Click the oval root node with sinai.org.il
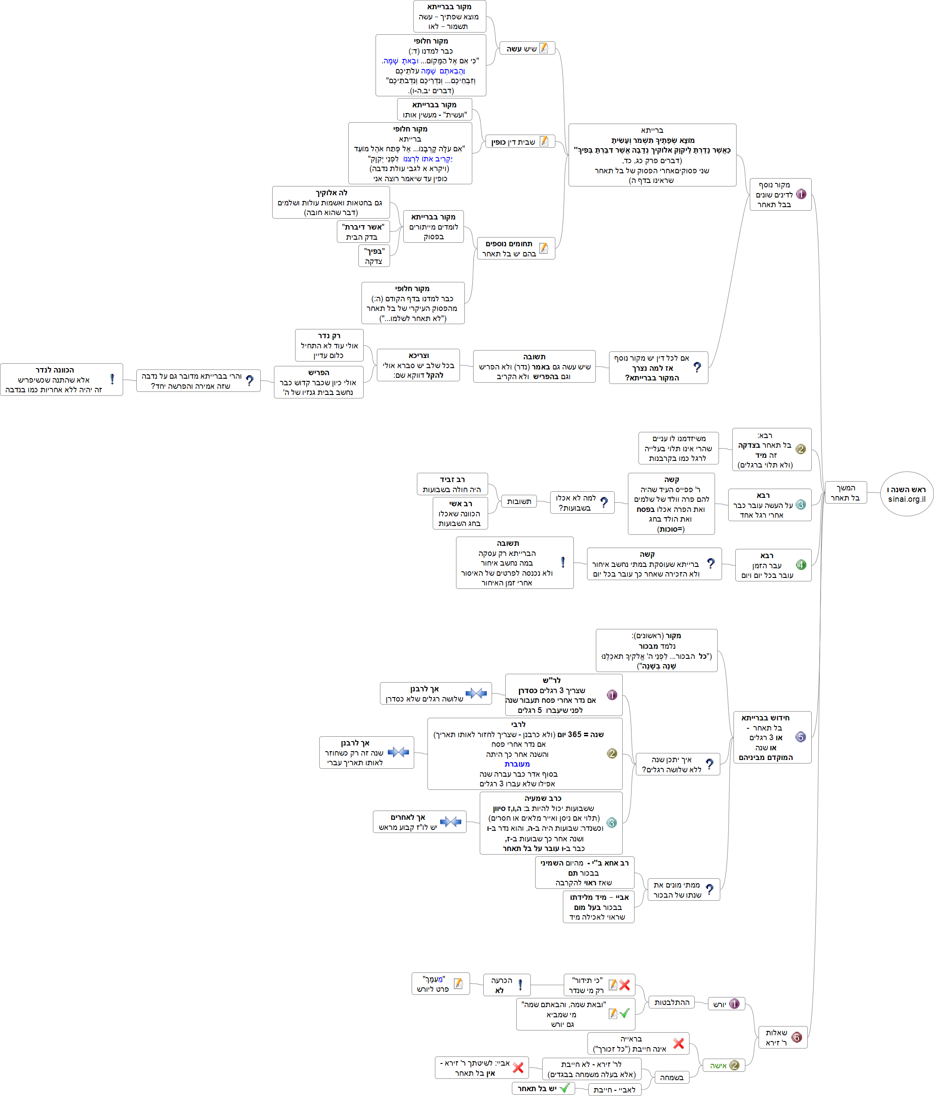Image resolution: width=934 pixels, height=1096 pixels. [x=906, y=494]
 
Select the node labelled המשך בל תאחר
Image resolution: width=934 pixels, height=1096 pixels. [x=845, y=493]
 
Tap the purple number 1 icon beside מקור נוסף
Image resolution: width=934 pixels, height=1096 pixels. [x=801, y=194]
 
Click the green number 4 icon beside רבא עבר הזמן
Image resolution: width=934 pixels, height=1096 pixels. [x=801, y=564]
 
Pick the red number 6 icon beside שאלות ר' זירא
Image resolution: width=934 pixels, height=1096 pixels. [x=796, y=1037]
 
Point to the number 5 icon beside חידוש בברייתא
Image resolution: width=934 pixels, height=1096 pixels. [x=801, y=737]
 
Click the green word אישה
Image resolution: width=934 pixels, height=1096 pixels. [x=718, y=1065]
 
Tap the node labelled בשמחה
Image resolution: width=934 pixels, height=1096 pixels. [x=671, y=1078]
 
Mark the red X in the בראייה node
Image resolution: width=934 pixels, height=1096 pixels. [x=679, y=1043]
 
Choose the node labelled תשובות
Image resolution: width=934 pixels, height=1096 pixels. [x=519, y=501]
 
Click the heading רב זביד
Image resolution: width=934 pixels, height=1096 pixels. [x=452, y=479]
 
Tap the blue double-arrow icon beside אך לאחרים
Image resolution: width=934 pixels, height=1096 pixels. [x=451, y=822]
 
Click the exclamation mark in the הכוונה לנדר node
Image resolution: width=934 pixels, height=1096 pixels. [x=112, y=379]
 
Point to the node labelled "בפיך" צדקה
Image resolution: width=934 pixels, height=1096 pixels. [x=374, y=256]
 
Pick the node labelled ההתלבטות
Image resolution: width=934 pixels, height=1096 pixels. [x=671, y=1002]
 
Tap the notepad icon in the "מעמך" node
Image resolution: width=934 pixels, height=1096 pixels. [x=458, y=983]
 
